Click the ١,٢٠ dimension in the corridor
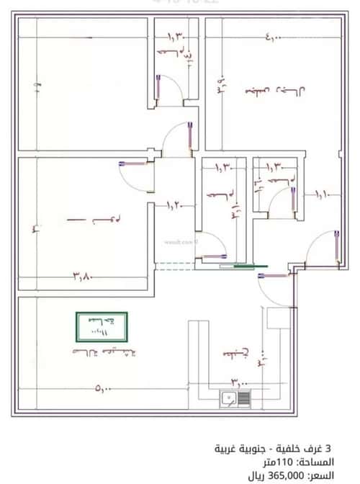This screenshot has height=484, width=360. coord(175,206)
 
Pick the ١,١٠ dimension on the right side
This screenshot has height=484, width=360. coord(320,193)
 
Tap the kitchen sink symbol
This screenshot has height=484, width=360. coord(235,398)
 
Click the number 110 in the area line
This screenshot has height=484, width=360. coord(286,462)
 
